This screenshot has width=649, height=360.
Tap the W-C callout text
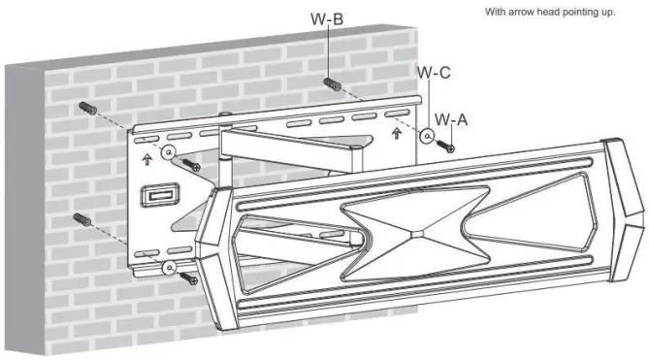coord(433,72)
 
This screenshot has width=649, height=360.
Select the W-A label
coord(450,118)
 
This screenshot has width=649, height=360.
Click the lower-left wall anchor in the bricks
coord(84,219)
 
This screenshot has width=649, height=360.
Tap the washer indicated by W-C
coord(426,137)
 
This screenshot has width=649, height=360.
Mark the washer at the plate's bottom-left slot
coord(169,266)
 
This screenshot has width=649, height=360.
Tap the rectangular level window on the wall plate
coord(154,196)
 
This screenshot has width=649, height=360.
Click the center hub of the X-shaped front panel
coord(414,233)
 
